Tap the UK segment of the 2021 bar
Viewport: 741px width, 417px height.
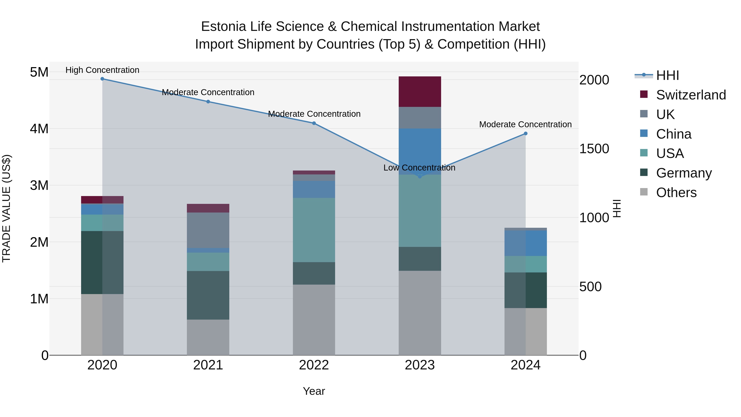point(208,230)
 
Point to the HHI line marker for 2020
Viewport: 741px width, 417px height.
point(103,79)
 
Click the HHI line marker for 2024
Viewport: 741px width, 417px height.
point(525,133)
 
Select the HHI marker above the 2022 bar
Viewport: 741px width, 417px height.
point(314,123)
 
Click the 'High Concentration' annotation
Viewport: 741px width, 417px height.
point(103,70)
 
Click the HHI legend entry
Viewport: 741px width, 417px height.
point(667,75)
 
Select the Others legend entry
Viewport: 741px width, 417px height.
point(676,193)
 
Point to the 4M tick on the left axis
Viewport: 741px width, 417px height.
point(39,129)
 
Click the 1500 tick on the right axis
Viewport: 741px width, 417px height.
point(594,149)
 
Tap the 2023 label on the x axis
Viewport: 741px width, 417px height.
point(419,365)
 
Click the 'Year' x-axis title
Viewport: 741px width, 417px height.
point(314,391)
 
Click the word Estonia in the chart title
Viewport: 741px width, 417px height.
point(223,27)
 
